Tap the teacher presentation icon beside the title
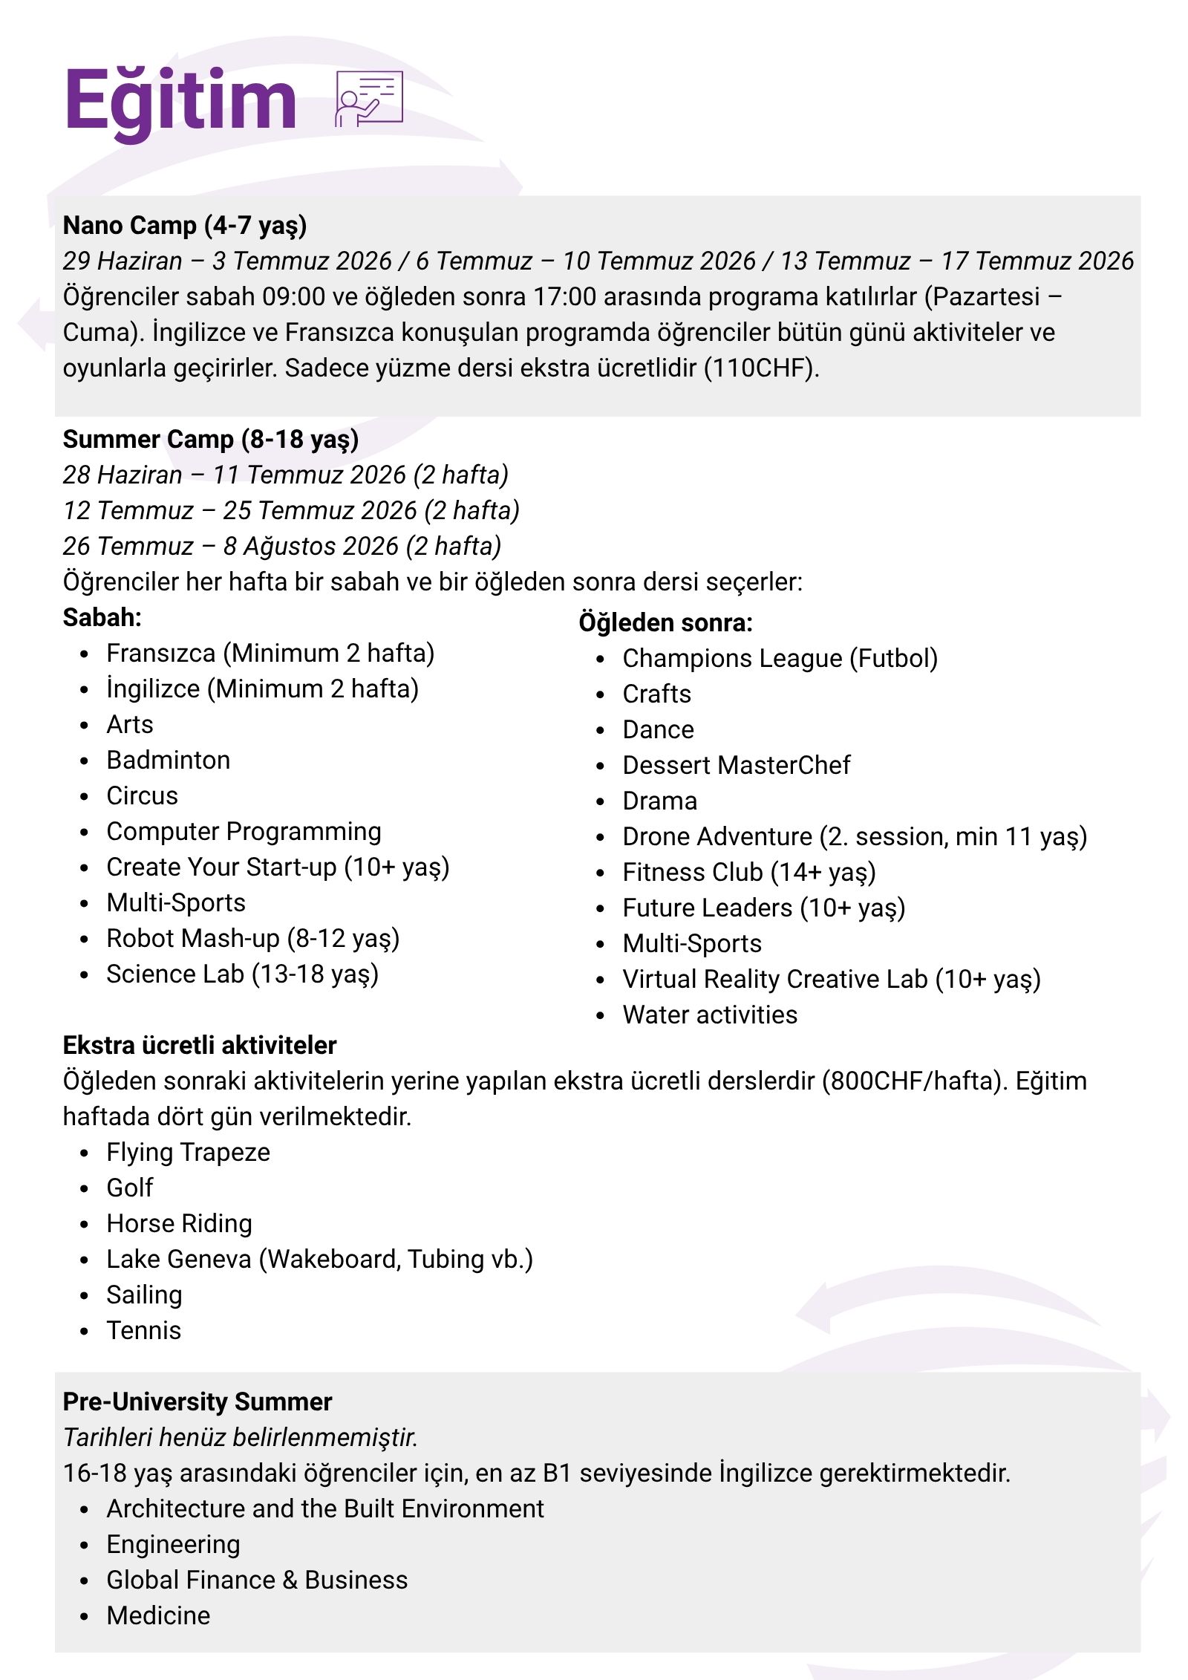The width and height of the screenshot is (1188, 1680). [369, 99]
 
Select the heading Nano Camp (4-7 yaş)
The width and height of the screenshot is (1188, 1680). [185, 225]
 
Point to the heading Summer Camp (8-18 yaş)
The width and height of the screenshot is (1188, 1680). [211, 439]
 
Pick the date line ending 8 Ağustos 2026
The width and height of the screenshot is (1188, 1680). [282, 547]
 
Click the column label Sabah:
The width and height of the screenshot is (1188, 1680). [102, 617]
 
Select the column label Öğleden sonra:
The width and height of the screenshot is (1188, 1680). [665, 622]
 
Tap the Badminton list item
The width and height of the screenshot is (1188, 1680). [168, 761]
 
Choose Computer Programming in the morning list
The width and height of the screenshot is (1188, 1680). [244, 832]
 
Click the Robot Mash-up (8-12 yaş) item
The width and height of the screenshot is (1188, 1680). [252, 939]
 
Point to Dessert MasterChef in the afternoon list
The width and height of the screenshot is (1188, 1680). [736, 765]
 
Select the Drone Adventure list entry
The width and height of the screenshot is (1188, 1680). [854, 837]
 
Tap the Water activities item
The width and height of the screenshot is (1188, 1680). [710, 1015]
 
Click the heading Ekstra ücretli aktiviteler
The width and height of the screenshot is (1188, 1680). [200, 1046]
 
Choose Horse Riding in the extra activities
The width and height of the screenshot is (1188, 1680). [179, 1224]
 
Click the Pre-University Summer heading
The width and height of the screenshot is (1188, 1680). [198, 1402]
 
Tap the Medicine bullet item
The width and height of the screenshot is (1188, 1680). [158, 1616]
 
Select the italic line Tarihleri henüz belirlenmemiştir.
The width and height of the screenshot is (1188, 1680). [241, 1438]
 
